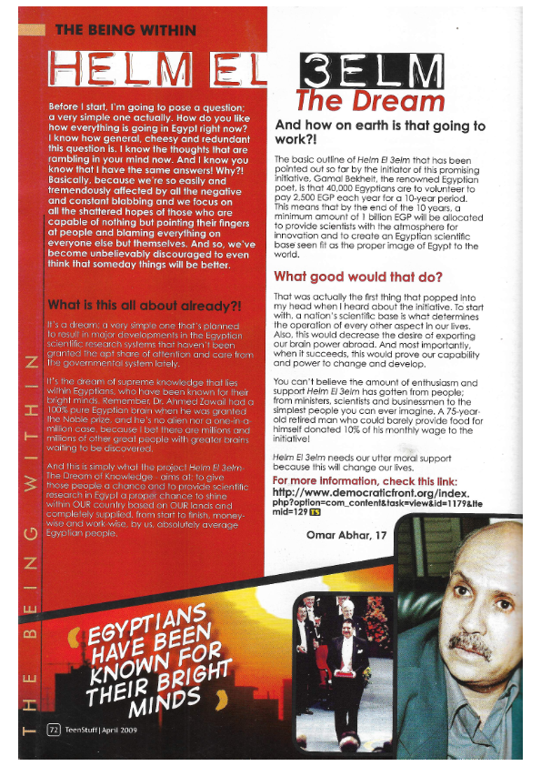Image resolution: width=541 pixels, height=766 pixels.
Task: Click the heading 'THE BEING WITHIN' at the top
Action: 125,30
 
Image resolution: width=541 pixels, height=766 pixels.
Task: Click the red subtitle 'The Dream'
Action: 369,101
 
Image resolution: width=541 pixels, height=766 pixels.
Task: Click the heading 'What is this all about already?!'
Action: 145,304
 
